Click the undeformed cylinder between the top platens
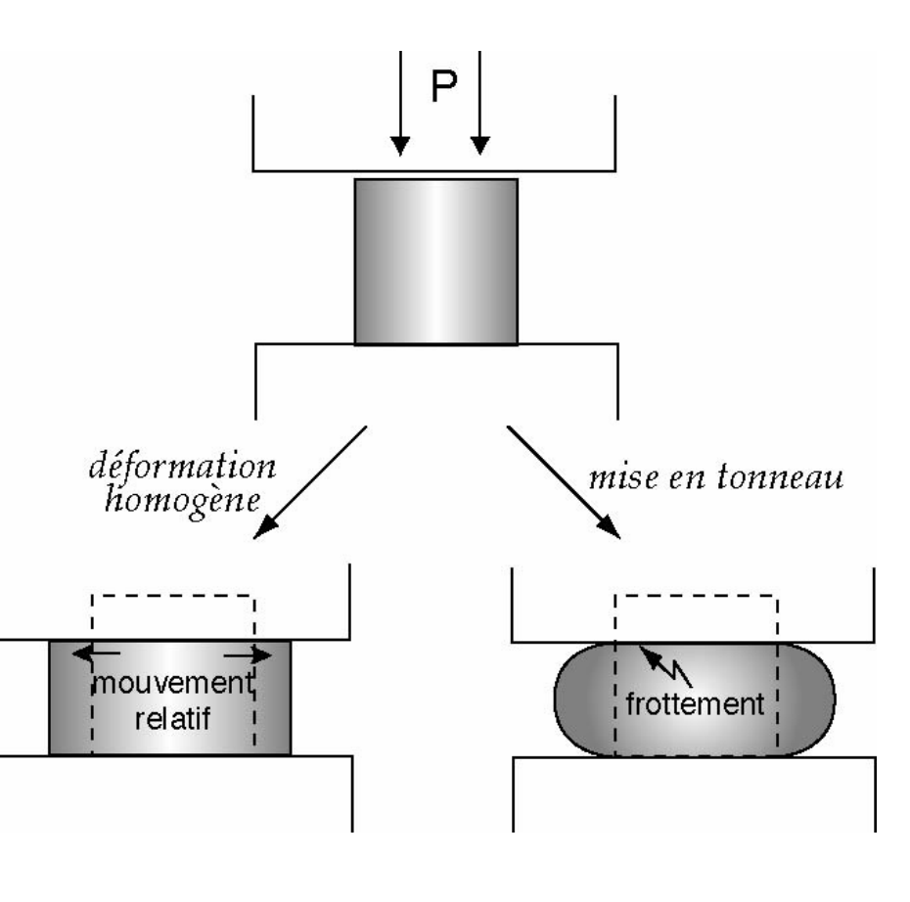(436, 261)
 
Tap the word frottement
(697, 702)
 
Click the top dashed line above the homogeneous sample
(172, 595)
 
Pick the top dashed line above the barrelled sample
(696, 595)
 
